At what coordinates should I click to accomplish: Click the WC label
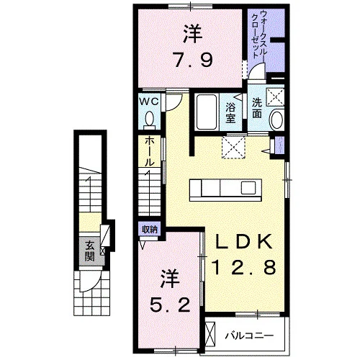point(149,102)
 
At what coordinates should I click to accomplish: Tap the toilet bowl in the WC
point(150,118)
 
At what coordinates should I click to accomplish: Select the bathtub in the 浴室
point(207,112)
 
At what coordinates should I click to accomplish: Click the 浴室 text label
point(230,113)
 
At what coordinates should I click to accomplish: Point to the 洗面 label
point(257,108)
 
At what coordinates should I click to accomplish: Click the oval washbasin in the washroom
point(277,120)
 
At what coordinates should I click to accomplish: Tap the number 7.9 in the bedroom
point(193,60)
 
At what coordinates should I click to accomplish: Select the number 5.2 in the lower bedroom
point(170,305)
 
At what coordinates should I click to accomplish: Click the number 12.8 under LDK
point(243,268)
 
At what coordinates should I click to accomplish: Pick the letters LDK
point(244,241)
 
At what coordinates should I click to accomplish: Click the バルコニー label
point(249,336)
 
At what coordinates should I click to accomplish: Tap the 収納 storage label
point(150,230)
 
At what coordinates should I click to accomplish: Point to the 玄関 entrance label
point(89,251)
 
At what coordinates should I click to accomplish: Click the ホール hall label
point(149,152)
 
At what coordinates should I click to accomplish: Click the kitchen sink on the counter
point(248,188)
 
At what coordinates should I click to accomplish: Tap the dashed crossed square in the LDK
point(233,147)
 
